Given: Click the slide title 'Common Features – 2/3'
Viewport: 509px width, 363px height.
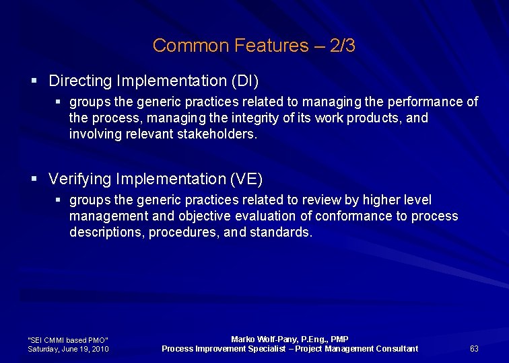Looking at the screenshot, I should [254, 46].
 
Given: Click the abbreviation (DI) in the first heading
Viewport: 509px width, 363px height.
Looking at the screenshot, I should [245, 81].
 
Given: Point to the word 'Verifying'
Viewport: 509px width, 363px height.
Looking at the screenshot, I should [80, 179].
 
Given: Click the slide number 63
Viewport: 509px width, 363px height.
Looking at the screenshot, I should [474, 348].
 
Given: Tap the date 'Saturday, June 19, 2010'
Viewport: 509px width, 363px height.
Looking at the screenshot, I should [68, 349].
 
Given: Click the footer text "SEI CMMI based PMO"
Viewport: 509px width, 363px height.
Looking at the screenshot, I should [67, 340].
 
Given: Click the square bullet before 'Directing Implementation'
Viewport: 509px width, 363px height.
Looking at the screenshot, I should [34, 81].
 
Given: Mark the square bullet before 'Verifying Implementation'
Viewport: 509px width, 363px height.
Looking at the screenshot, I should [34, 179].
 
